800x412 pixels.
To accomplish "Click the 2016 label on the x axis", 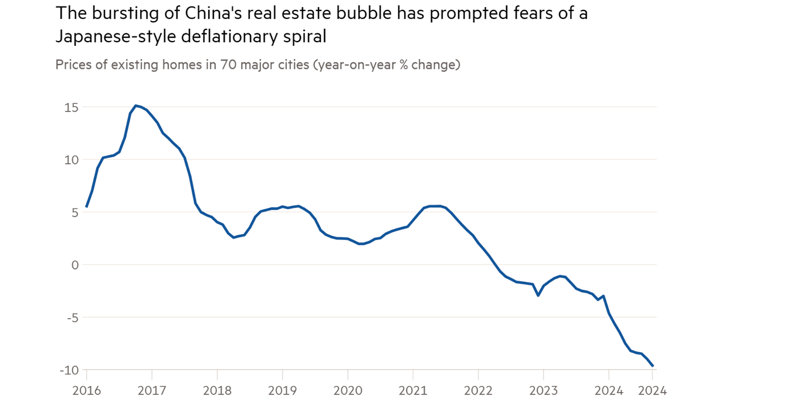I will point(86,390).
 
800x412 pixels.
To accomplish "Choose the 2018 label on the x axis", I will point(217,390).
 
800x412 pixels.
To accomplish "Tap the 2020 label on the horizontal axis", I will point(347,390).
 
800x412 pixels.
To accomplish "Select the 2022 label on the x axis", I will point(478,390).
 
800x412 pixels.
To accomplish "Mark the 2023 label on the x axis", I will point(543,390).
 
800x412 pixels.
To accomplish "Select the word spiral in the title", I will point(305,37).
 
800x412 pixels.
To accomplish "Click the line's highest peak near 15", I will point(135,106).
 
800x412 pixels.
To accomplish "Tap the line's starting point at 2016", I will point(87,207).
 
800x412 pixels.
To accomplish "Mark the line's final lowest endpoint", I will point(653,366).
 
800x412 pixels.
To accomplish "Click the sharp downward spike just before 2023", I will point(538,295).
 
